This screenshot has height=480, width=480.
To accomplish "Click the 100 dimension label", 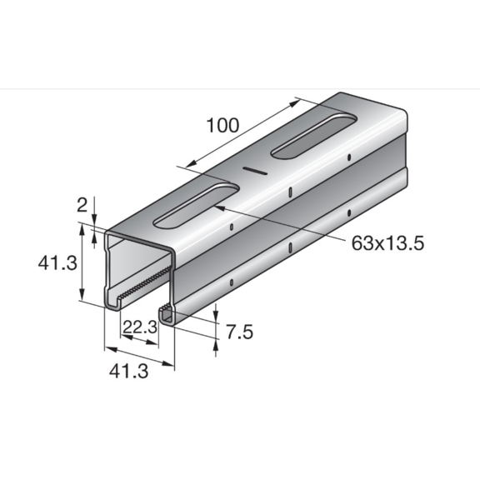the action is tap(222, 125).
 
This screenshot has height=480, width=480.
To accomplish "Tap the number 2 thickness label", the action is tap(82, 205).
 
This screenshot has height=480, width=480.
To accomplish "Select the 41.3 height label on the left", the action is tap(57, 263).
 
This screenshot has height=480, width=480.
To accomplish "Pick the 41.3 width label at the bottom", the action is tap(128, 372).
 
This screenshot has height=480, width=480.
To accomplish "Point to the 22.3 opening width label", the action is tap(140, 327).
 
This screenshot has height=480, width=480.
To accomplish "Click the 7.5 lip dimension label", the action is tap(239, 332).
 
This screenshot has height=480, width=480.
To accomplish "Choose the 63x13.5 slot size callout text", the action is tap(387, 243).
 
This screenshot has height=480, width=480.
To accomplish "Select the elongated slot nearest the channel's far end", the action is tap(314, 136).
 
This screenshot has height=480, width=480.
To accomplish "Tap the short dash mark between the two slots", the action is tap(255, 171).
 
